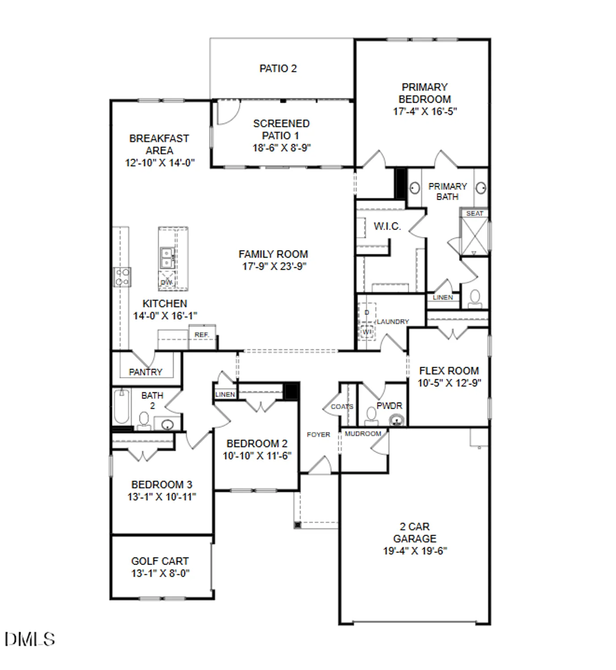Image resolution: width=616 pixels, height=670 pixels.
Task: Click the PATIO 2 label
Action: (278, 68)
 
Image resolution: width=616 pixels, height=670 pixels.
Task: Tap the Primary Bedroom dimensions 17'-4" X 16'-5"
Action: (424, 112)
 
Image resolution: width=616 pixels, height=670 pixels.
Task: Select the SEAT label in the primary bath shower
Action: (474, 214)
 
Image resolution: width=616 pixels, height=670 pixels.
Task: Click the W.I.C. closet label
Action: (387, 226)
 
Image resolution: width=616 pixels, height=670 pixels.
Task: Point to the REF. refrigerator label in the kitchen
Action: (201, 335)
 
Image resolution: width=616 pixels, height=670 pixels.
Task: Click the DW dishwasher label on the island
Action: (166, 282)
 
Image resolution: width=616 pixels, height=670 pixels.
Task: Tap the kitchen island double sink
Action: (167, 258)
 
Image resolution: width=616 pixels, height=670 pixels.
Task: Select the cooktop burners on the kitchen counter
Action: (122, 276)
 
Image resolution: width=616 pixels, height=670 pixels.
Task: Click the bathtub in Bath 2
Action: (121, 407)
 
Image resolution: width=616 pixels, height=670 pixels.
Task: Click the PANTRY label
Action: (146, 372)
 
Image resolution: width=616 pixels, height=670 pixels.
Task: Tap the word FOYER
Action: (318, 435)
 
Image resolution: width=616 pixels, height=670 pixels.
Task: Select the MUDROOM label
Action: (363, 434)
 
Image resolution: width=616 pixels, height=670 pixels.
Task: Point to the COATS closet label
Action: (342, 406)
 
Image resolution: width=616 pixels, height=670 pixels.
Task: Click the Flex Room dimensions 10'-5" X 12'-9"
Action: (449, 383)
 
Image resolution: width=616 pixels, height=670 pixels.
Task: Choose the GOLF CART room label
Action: (160, 561)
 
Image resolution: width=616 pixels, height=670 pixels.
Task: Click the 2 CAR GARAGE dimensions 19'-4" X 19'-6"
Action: (415, 551)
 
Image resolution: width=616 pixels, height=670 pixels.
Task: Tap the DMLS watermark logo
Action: (30, 639)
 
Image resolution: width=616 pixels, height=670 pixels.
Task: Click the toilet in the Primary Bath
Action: (475, 299)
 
